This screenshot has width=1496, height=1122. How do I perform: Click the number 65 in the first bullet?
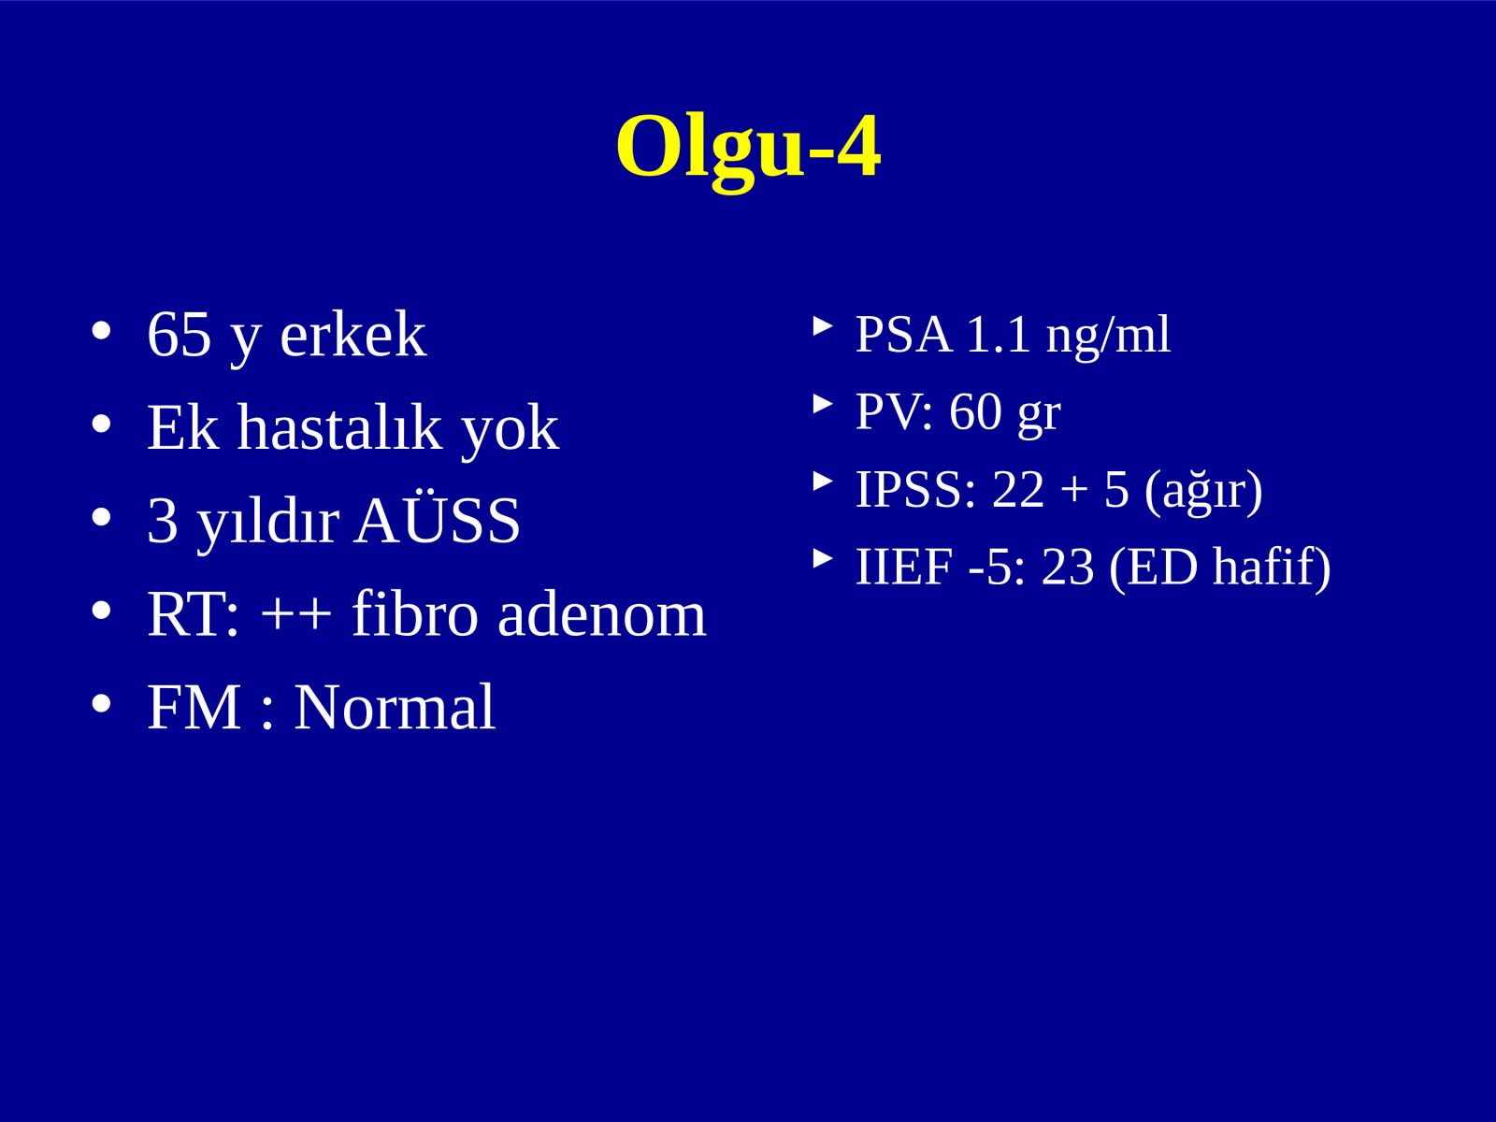(x=180, y=334)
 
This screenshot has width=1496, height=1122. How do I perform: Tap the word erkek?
(x=353, y=334)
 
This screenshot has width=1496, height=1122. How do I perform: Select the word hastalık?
(x=339, y=427)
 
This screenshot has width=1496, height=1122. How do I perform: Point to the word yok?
(x=510, y=433)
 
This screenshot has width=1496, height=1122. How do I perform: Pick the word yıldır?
(x=268, y=524)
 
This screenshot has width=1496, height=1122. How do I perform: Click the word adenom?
(x=602, y=613)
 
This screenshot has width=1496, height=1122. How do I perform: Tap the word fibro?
(x=415, y=613)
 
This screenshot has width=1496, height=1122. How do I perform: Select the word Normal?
(x=395, y=707)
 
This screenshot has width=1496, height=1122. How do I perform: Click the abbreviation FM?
(x=194, y=707)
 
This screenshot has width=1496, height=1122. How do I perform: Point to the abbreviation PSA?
(x=904, y=334)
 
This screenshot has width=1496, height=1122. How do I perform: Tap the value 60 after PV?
(x=975, y=412)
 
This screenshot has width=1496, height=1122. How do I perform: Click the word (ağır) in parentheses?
(x=1203, y=492)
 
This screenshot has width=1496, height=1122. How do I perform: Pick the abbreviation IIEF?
(x=904, y=567)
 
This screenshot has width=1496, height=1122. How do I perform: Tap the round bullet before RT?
(x=101, y=611)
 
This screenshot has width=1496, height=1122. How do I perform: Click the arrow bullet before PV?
(x=824, y=404)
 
